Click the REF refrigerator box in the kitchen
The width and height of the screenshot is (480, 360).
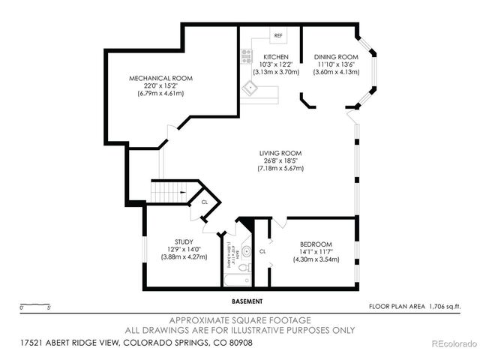(278, 36)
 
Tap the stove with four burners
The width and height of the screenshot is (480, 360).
(245, 55)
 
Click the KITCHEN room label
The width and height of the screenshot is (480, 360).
(275, 57)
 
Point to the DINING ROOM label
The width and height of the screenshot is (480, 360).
(335, 57)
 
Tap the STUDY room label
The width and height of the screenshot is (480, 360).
(174, 242)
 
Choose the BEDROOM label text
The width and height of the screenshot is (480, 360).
(315, 244)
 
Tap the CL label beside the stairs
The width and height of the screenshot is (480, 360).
(204, 202)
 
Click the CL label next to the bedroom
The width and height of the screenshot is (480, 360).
(262, 252)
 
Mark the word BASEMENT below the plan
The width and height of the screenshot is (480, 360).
(247, 301)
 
